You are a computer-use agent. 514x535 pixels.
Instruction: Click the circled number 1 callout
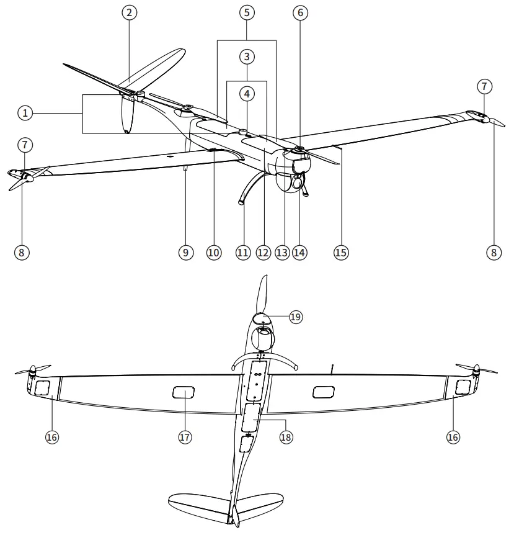tap(25, 113)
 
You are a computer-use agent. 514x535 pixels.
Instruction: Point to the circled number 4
tap(247, 94)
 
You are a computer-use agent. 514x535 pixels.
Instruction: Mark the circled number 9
tap(184, 253)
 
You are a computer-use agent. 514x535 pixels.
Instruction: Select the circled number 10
tap(214, 253)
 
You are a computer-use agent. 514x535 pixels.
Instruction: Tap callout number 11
tap(242, 253)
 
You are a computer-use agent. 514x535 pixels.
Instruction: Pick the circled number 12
tap(264, 253)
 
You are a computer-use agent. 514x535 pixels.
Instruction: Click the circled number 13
tap(283, 253)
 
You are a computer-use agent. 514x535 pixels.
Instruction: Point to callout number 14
tap(300, 253)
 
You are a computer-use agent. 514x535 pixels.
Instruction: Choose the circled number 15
tap(341, 253)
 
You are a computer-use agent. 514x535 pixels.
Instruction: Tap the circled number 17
tap(184, 437)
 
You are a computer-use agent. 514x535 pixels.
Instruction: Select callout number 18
tap(286, 437)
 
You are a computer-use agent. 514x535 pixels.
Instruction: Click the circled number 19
tap(296, 317)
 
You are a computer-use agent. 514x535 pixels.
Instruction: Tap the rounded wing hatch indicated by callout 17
tap(184, 392)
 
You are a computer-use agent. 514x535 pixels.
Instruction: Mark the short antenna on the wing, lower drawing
tap(332, 370)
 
